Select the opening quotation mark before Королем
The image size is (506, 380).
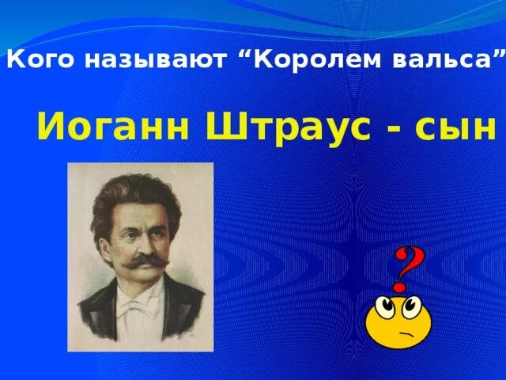tap(242, 54)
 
